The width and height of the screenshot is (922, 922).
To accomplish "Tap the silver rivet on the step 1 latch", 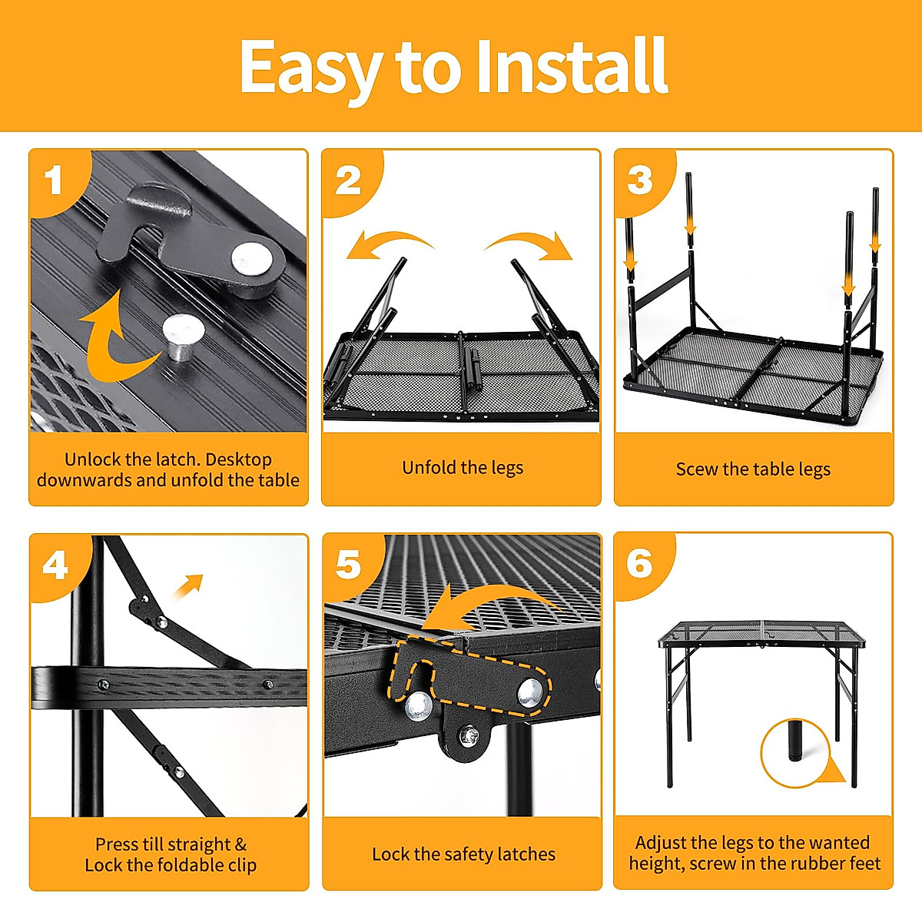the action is (252, 260).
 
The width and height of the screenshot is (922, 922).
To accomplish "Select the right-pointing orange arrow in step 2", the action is (530, 244).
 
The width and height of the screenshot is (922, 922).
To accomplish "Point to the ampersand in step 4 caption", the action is (240, 844).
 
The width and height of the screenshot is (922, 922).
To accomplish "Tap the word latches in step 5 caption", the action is (526, 854).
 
